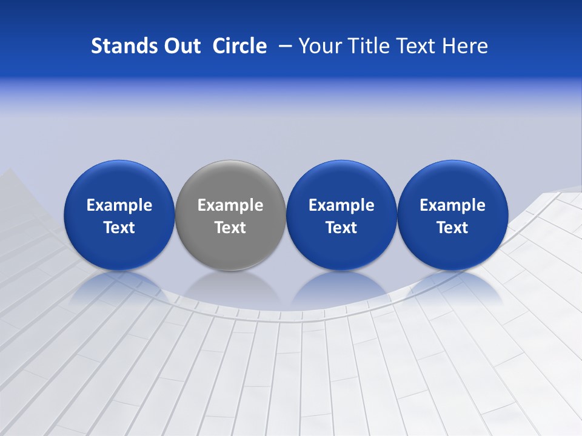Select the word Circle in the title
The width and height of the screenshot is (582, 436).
239,46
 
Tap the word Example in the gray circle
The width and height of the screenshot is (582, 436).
230,205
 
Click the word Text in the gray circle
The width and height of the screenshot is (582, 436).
230,228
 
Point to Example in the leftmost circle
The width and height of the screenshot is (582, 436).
119,205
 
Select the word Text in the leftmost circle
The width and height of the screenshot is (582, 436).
119,228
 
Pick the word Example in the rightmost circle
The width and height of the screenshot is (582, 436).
453,205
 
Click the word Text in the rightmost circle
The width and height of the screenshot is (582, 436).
453,228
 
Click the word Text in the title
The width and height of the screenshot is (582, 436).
416,46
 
